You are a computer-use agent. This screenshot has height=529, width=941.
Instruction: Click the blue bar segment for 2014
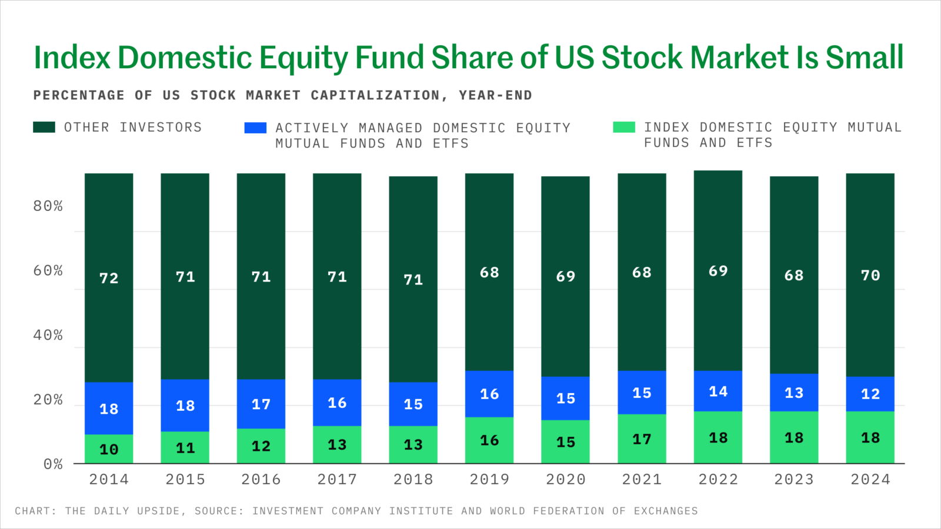(109, 408)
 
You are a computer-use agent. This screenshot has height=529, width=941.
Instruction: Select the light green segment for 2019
(489, 440)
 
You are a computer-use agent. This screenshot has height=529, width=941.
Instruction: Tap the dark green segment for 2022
(718, 270)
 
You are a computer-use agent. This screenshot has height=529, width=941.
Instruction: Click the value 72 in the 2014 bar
(109, 278)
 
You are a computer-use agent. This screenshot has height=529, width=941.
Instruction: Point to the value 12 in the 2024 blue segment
(870, 394)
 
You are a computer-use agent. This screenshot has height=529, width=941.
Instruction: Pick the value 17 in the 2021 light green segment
(642, 439)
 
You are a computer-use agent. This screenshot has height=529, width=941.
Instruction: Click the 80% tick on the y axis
(48, 206)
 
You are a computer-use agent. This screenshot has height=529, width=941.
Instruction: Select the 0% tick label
(53, 464)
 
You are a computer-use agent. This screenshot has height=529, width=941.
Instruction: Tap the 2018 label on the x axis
(413, 479)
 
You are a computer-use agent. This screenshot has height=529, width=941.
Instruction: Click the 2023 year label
(794, 479)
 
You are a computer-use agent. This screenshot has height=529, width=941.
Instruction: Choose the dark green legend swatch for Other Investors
(44, 127)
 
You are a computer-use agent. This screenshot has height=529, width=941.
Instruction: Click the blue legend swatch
(255, 128)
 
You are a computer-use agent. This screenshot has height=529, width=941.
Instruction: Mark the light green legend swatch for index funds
(624, 127)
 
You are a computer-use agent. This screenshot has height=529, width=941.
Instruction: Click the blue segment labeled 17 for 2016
(261, 404)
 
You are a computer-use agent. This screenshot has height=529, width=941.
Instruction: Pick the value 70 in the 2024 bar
(870, 276)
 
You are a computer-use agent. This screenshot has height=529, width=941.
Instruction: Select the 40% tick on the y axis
(48, 335)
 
